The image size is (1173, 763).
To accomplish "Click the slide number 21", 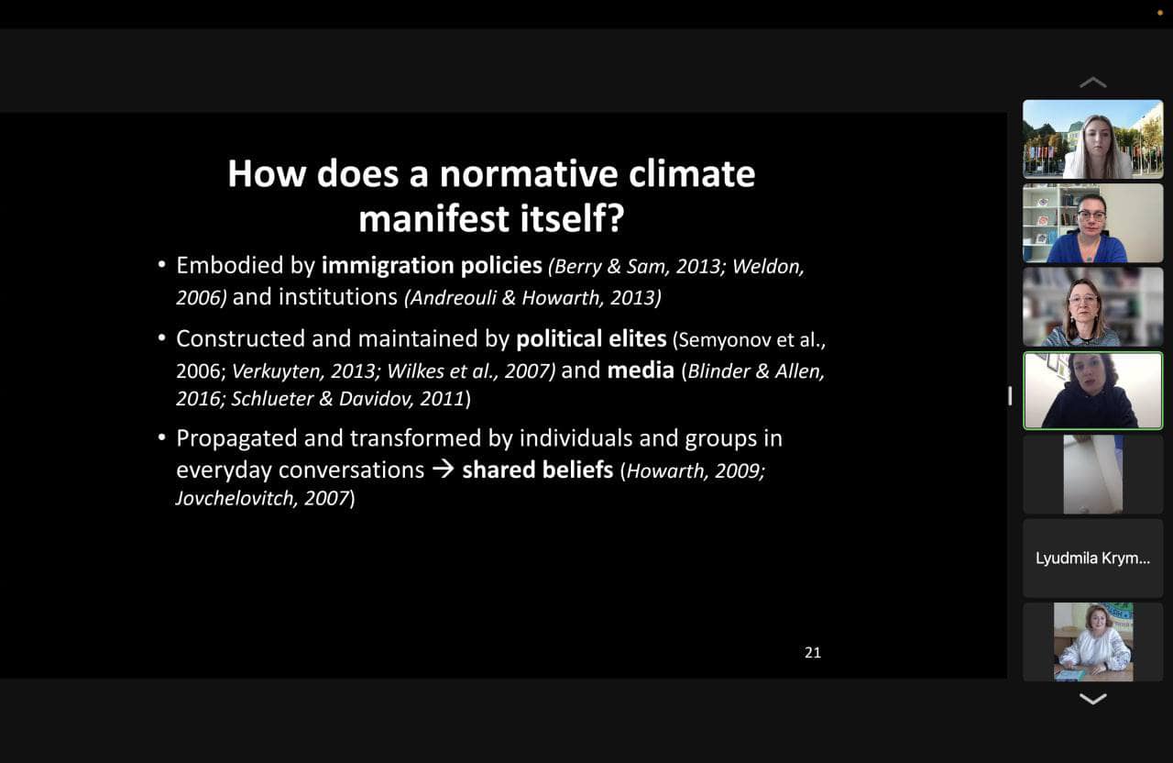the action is tap(813, 652).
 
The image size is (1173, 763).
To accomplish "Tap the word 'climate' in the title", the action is tap(692, 173).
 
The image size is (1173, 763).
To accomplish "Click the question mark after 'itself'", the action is tap(615, 218).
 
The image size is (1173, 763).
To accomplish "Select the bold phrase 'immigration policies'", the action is tap(432, 266).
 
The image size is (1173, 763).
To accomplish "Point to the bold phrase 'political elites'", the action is tap(591, 338).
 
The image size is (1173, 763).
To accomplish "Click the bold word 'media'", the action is tap(641, 370).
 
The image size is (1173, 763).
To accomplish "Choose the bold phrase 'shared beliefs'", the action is tap(537, 470).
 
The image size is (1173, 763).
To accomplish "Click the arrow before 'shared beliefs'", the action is tap(443, 469).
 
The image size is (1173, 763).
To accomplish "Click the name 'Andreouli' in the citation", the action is tap(453, 298).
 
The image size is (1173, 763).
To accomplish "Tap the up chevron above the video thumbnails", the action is tap(1093, 83).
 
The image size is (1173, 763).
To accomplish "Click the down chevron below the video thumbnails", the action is tap(1093, 699).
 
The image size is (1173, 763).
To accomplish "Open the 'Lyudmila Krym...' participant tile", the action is tap(1093, 558).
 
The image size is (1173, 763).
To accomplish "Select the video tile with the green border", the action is tap(1093, 391).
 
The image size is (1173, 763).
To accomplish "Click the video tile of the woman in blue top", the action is tap(1093, 223).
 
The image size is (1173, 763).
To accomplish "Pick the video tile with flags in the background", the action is tap(1093, 139).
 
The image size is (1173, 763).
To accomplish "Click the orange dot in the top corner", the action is tap(1159, 13).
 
